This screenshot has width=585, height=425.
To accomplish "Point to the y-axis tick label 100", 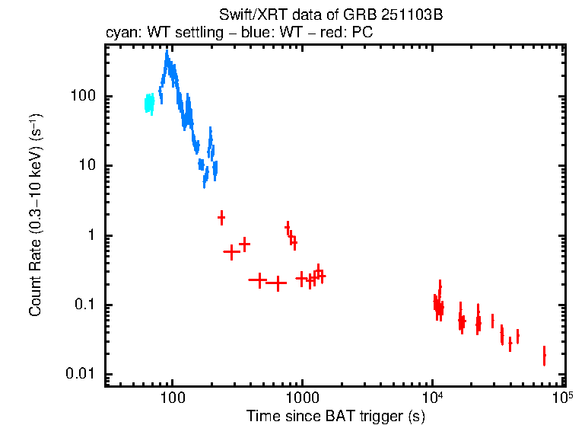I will (x=81, y=97).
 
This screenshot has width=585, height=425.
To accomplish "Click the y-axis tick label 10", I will (x=85, y=166).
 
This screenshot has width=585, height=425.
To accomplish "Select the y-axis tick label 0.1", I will (x=83, y=305).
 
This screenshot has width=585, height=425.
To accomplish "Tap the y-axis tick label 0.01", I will (x=80, y=375).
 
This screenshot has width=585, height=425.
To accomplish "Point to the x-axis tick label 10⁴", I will (x=432, y=398).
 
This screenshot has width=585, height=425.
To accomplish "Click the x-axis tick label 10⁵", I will (x=562, y=398).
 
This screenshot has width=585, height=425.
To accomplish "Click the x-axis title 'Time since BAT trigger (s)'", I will (x=335, y=416).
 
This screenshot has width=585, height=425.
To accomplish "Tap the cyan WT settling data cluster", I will (x=149, y=104).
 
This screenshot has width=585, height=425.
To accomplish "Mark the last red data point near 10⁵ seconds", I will (x=544, y=356).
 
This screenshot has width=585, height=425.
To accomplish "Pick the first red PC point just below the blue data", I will (x=221, y=217).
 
